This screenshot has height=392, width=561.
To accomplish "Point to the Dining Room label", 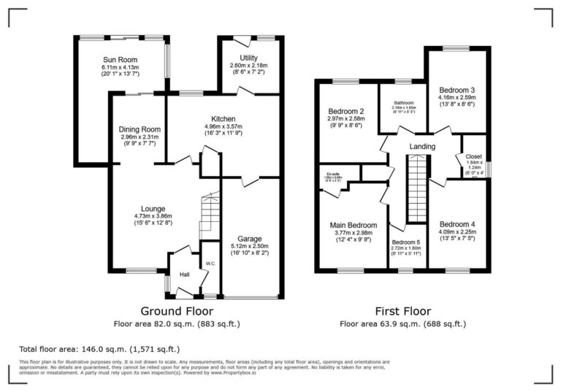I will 140,129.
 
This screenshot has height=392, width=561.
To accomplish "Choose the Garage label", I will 249,238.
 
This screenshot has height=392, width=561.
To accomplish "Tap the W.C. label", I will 210,264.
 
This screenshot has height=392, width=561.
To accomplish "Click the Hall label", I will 186,274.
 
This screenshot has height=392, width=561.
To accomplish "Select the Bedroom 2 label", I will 346,111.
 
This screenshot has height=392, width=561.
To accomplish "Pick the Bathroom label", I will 404,102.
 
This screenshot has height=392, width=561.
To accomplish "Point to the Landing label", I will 422,147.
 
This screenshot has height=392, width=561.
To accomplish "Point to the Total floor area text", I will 99,349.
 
